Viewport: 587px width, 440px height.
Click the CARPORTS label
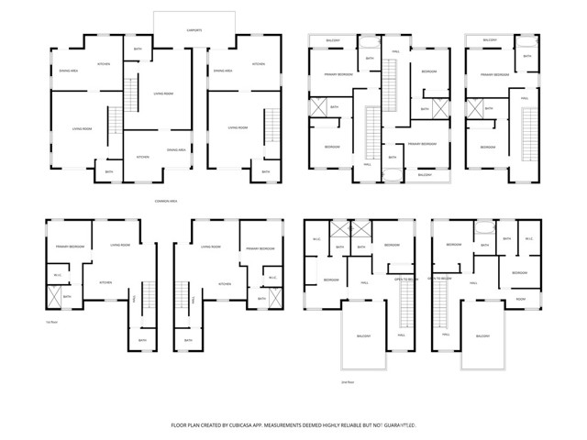coord(194,30)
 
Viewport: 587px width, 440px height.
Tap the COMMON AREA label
coord(167,202)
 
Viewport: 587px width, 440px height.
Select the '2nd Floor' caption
coord(347,381)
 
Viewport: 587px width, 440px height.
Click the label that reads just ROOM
coord(520,300)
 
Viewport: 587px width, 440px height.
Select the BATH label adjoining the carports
coord(138,49)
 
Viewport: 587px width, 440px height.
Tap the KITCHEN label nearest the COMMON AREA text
coord(143,157)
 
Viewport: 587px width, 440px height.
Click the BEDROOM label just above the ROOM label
coord(519,273)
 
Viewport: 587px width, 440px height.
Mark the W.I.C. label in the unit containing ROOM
coord(528,239)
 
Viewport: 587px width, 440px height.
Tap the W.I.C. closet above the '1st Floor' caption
coord(57,275)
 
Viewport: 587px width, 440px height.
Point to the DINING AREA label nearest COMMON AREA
coord(176,149)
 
